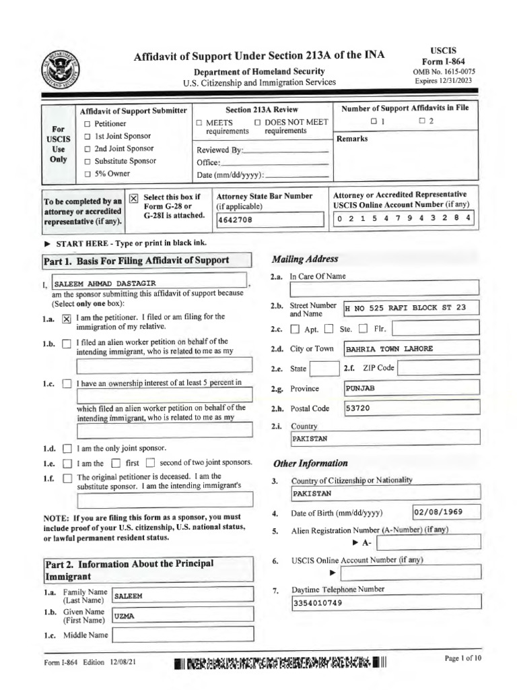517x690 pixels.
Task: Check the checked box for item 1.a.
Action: tap(66, 320)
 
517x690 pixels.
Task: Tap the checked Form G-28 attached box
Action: tap(133, 197)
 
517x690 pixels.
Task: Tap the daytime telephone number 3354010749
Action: tap(386, 602)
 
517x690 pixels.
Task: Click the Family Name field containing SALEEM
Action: tap(182, 596)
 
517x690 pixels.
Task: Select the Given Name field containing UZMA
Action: tap(182, 615)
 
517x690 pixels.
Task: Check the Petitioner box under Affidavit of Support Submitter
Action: tap(88, 124)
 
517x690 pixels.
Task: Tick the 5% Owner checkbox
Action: tap(88, 173)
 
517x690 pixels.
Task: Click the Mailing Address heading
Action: tap(304, 259)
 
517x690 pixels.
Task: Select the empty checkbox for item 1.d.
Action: tap(66, 448)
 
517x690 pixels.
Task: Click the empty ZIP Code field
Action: tap(439, 369)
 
